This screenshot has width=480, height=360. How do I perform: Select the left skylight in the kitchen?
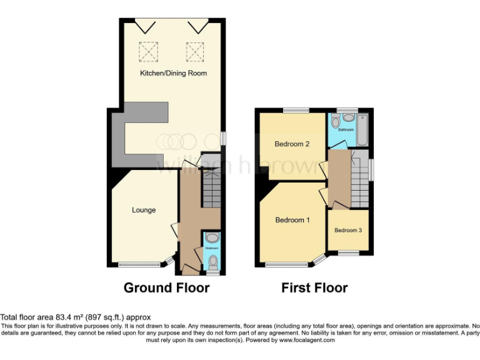click(x=148, y=51)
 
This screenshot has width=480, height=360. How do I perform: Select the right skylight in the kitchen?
click(x=195, y=51)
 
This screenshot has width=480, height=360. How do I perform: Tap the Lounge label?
click(x=144, y=210)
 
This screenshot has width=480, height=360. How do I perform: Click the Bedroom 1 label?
click(x=292, y=220)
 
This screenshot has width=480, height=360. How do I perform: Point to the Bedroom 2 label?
click(x=292, y=144)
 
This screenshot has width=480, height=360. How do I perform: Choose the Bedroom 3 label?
click(x=348, y=230)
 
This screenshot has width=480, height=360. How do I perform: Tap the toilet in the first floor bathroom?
click(x=348, y=118)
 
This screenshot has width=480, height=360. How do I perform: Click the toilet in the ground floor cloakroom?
click(x=212, y=261)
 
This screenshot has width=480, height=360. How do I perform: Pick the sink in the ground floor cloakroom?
click(x=212, y=237)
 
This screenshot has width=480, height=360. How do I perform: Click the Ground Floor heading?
click(x=166, y=288)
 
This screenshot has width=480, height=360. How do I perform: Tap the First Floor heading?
click(x=314, y=288)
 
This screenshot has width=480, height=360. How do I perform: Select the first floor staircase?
click(x=359, y=181)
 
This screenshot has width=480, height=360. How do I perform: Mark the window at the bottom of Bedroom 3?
click(x=349, y=252)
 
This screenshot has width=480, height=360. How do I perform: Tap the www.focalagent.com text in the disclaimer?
click(x=307, y=341)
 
